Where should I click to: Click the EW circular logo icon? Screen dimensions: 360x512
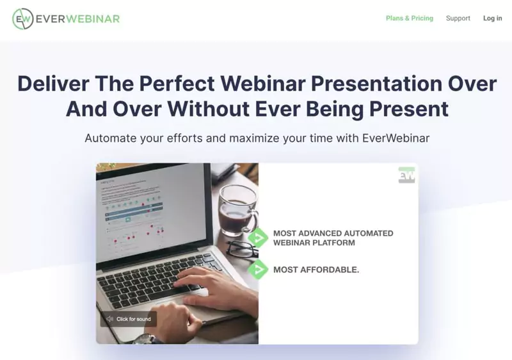click(x=22, y=19)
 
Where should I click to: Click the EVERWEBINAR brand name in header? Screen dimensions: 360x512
click(x=77, y=19)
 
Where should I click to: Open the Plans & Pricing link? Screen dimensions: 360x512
click(x=409, y=19)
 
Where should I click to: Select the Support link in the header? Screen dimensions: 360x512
click(x=458, y=19)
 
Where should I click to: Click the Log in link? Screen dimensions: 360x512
click(x=492, y=19)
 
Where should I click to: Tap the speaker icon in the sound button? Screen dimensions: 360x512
click(x=109, y=319)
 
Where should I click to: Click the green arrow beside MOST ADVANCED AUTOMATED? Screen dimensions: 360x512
click(x=258, y=238)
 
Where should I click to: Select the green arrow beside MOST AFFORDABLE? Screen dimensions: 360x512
click(x=258, y=270)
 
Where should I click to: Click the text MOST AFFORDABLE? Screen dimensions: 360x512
click(x=316, y=270)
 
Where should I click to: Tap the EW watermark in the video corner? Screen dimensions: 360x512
click(x=406, y=174)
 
